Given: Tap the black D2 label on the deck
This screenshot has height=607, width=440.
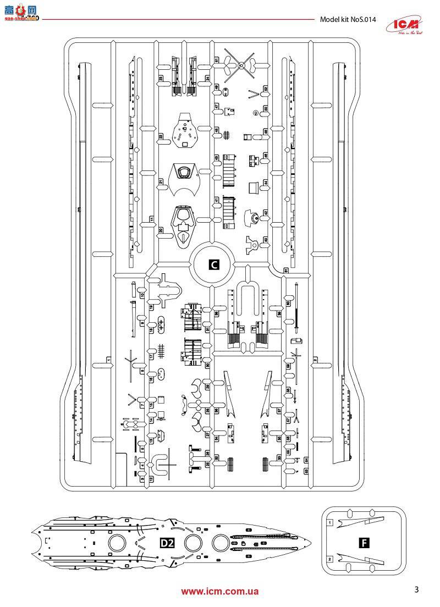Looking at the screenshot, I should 167,544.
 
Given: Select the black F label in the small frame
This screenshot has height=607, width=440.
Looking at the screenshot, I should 362,543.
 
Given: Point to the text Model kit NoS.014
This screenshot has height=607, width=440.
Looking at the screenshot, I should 348,20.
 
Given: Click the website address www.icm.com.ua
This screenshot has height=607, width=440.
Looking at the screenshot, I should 220,592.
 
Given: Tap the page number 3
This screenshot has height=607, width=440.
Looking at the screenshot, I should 416,591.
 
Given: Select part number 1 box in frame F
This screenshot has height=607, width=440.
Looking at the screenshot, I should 329,523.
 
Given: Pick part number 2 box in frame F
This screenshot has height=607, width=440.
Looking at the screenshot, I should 329,559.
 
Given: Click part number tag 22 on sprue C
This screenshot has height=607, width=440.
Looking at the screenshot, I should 161,137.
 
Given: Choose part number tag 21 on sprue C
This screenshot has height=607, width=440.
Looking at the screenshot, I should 161,183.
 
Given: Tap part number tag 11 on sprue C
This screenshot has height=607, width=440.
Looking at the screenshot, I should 152,219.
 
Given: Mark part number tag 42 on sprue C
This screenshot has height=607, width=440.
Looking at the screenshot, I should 266,213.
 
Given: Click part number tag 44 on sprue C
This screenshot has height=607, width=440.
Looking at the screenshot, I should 266,183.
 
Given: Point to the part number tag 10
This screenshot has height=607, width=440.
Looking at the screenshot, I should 142,295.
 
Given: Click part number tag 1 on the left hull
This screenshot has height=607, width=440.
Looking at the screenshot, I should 109,360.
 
